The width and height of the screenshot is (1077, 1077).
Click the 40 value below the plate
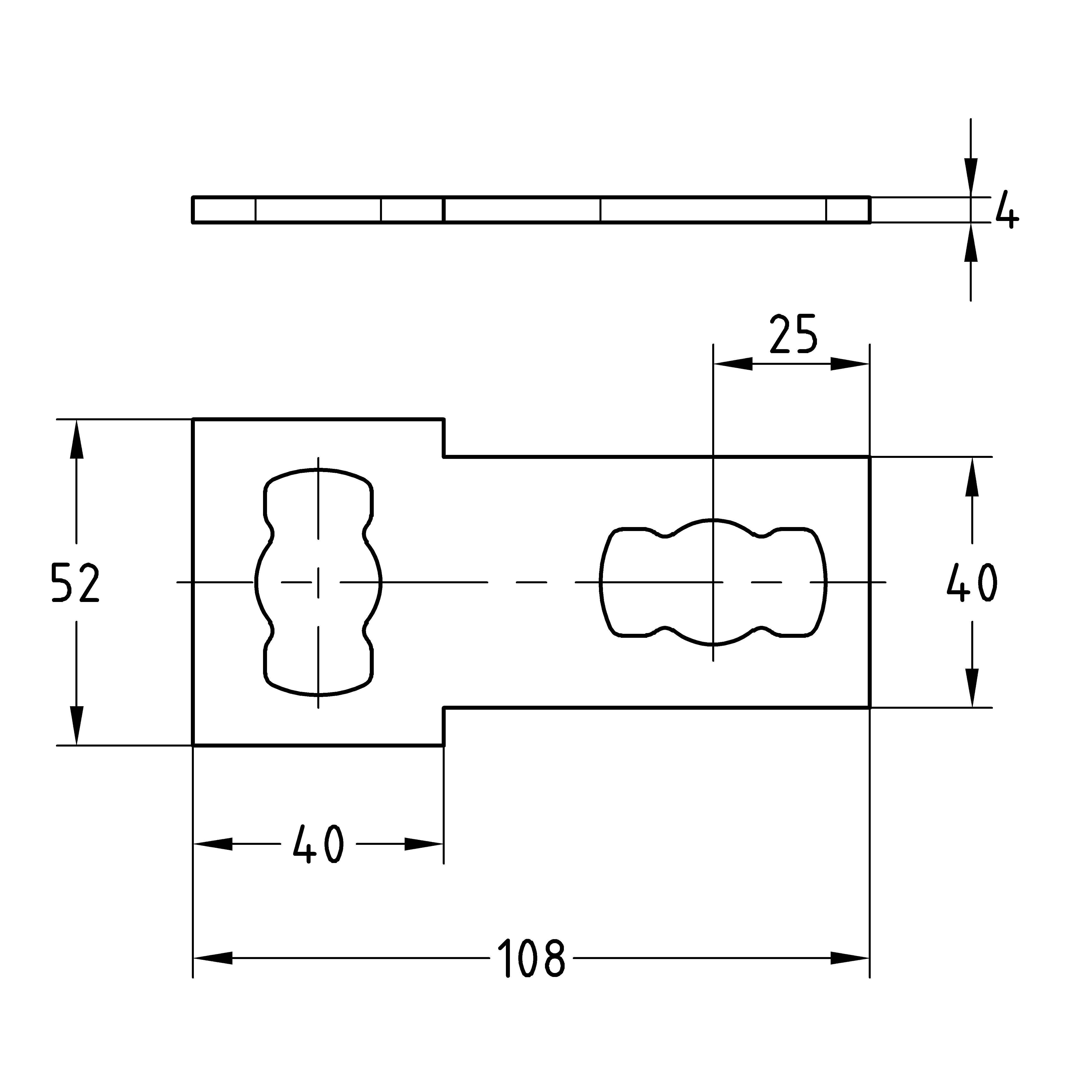click(318, 844)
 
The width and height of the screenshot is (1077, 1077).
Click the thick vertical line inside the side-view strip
click(444, 210)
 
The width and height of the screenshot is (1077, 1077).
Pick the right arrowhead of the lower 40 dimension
click(424, 844)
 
